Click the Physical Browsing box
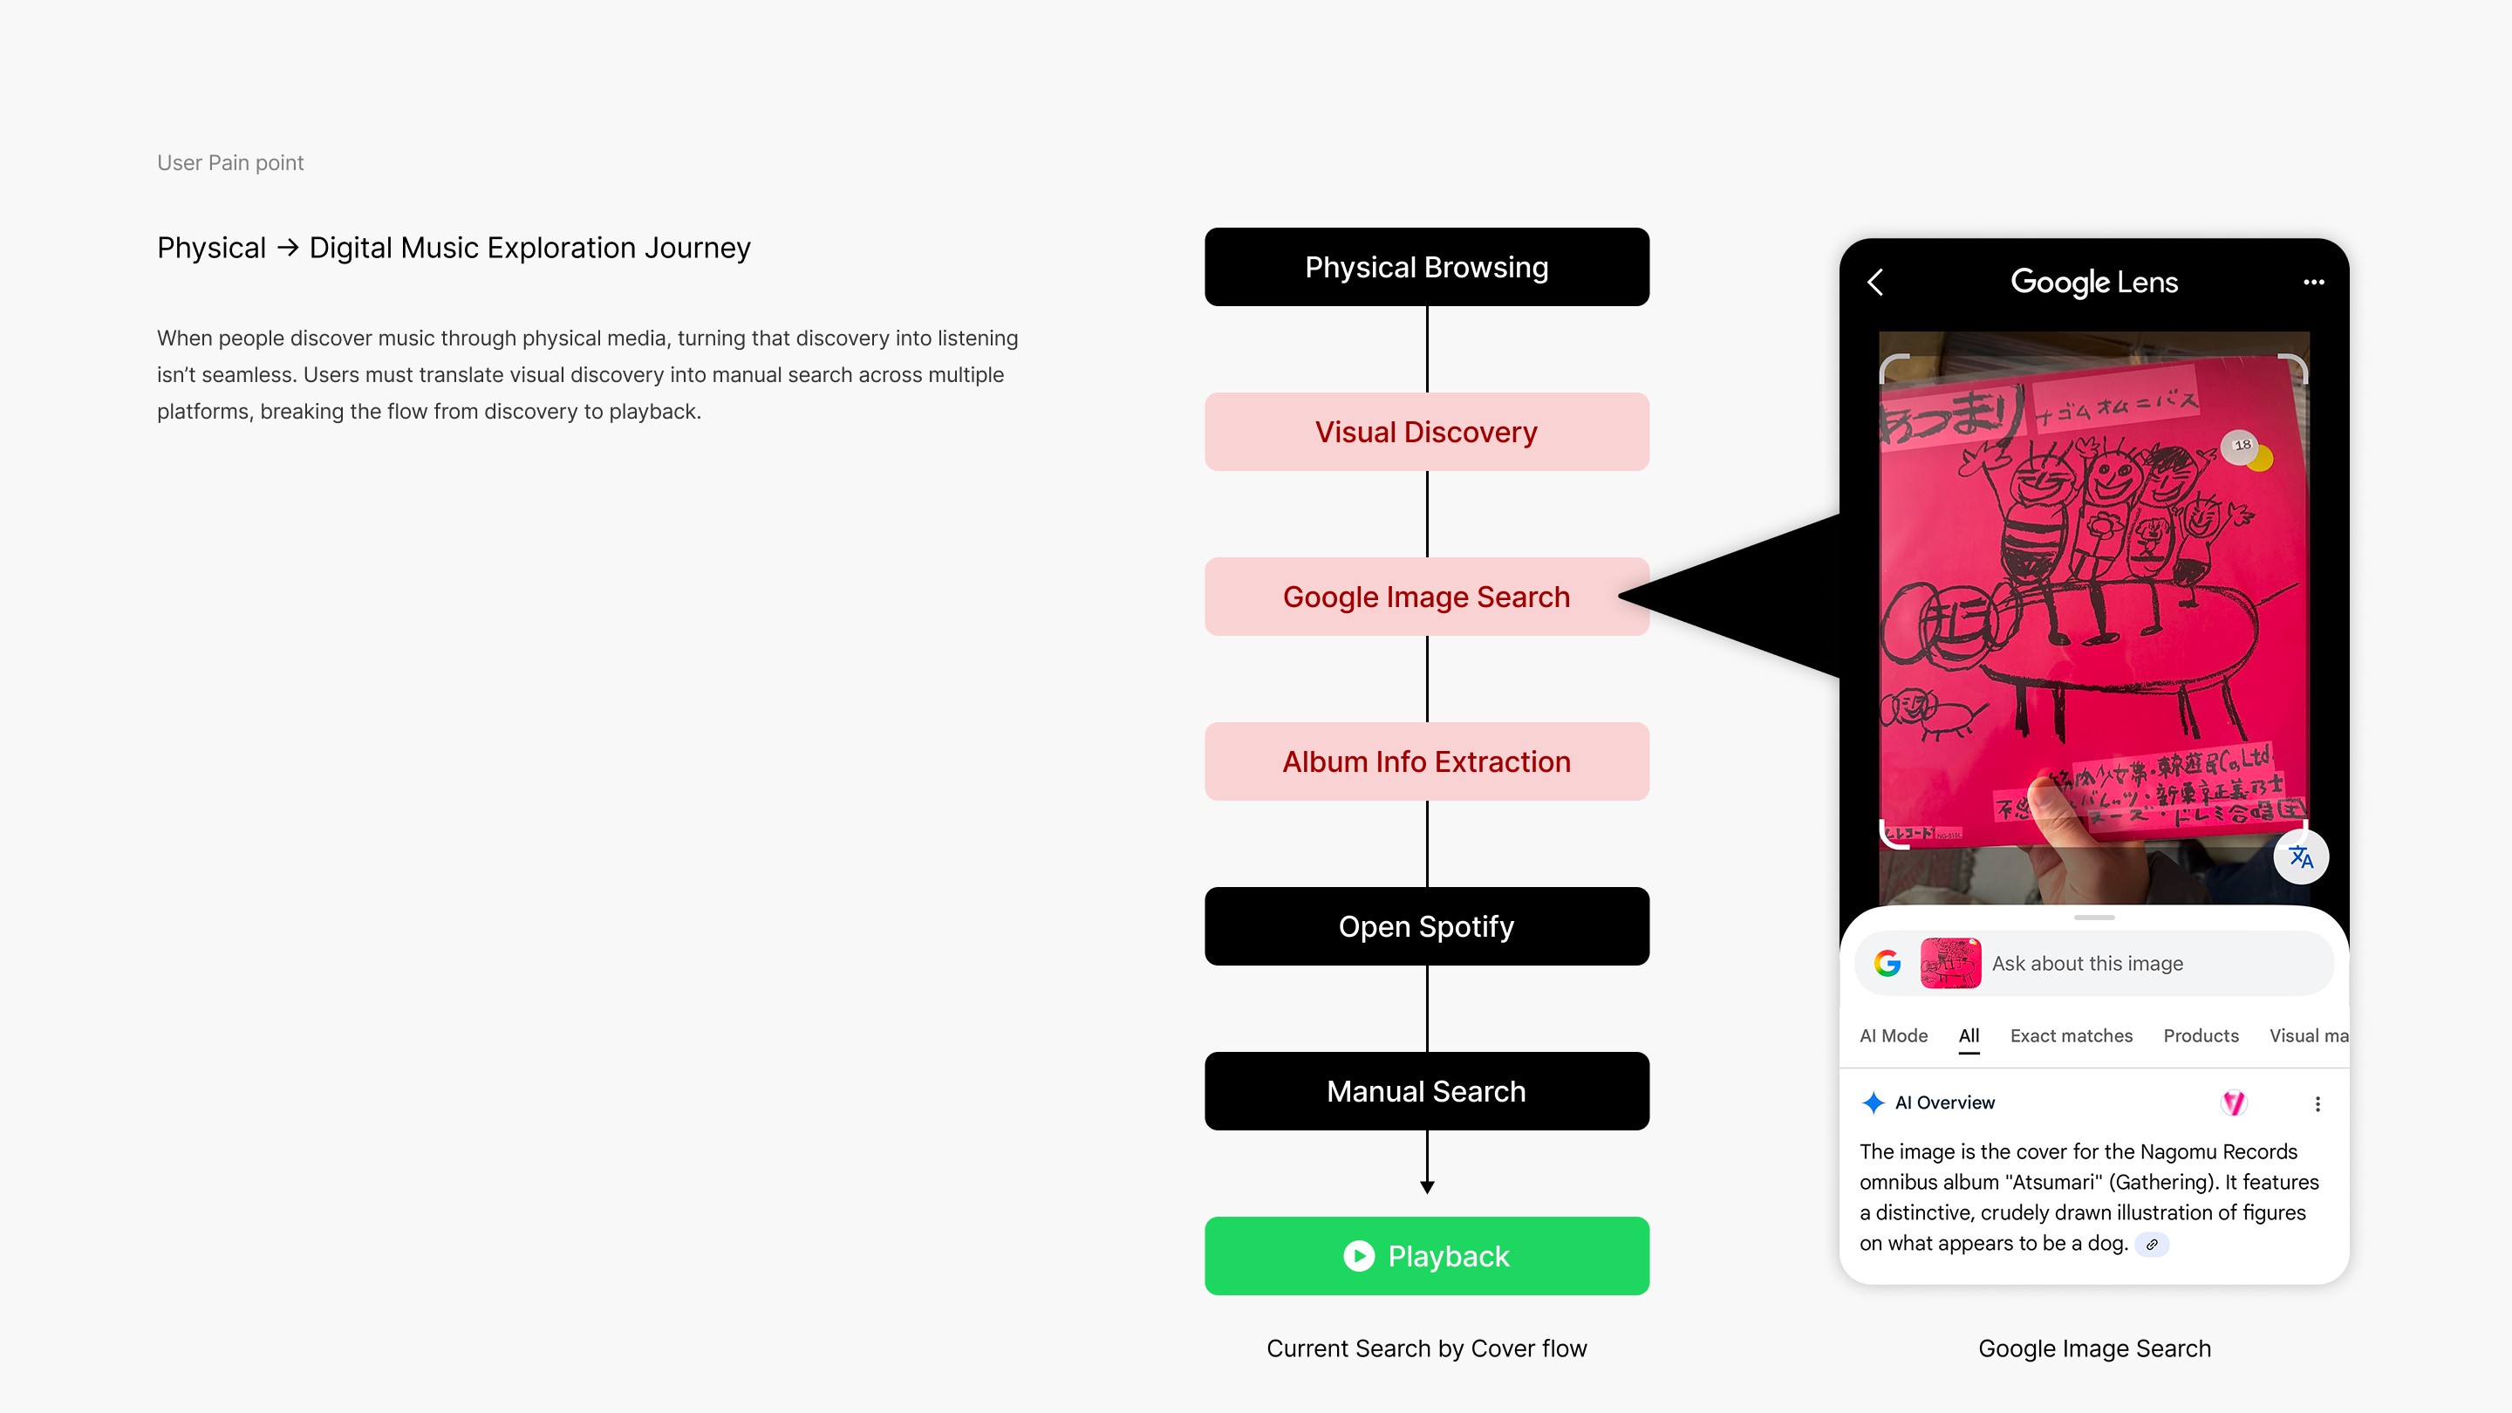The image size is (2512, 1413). click(1426, 267)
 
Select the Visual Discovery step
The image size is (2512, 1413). click(1426, 432)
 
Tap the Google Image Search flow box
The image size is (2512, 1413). click(1426, 597)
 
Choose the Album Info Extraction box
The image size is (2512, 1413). click(1426, 761)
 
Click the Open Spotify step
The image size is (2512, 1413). click(1426, 926)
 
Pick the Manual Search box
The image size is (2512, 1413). click(1426, 1091)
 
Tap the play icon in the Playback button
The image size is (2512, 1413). click(1358, 1256)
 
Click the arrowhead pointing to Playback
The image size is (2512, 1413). click(1427, 1187)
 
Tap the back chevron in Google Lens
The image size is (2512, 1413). click(1875, 283)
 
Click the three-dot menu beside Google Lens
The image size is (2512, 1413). click(2313, 283)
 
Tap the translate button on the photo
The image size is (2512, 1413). click(2300, 857)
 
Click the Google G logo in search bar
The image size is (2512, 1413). click(1887, 964)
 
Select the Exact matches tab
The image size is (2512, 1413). click(2071, 1035)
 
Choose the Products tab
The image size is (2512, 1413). click(2200, 1035)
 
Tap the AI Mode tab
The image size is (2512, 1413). click(1893, 1035)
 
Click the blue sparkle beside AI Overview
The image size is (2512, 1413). click(1873, 1102)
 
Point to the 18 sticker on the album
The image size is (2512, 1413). click(2242, 446)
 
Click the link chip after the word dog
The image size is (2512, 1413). click(2151, 1245)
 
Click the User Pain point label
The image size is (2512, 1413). click(230, 163)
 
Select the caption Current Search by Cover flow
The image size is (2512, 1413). click(1426, 1348)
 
